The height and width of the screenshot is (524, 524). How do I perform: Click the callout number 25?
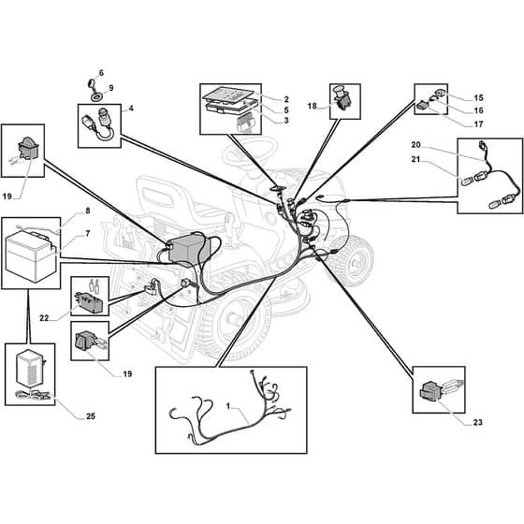(x=91, y=416)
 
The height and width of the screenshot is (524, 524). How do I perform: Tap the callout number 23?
(x=477, y=422)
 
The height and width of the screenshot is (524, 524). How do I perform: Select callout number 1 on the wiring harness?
(x=228, y=406)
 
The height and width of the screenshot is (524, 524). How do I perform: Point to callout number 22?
(x=44, y=318)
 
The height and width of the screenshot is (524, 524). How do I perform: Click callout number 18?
(x=313, y=106)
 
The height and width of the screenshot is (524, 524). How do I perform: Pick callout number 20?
(x=416, y=145)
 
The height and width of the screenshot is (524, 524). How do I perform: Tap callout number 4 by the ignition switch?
(x=131, y=109)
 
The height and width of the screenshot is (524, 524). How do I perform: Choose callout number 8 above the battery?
(x=88, y=211)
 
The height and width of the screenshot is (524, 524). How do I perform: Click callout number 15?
(x=478, y=97)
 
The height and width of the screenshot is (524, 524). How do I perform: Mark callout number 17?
(x=478, y=124)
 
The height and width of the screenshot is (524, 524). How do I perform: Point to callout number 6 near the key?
(x=101, y=73)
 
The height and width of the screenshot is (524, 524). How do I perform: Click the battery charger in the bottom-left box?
(x=31, y=368)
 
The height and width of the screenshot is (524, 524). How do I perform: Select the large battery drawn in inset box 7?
(x=31, y=255)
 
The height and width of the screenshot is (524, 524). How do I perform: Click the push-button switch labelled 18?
(x=342, y=98)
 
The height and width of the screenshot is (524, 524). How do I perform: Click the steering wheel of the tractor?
(x=251, y=150)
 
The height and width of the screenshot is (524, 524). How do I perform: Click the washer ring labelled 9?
(x=98, y=97)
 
